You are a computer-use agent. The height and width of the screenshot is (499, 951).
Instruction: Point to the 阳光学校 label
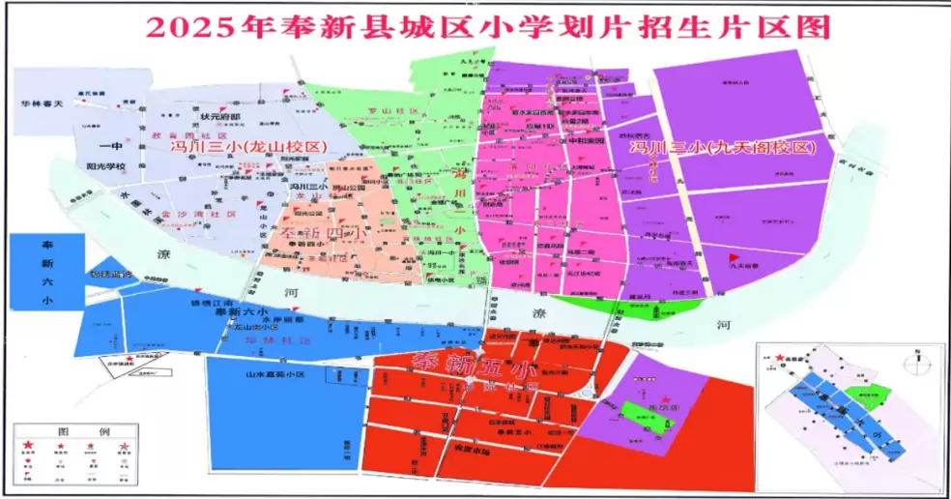tap(106, 165)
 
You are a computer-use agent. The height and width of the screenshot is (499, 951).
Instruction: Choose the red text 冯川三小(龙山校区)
tap(249, 147)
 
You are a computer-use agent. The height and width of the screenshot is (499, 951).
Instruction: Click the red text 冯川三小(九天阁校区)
tap(718, 149)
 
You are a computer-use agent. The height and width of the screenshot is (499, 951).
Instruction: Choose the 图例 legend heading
tap(71, 428)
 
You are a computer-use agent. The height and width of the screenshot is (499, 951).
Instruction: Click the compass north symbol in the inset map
tap(911, 363)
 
